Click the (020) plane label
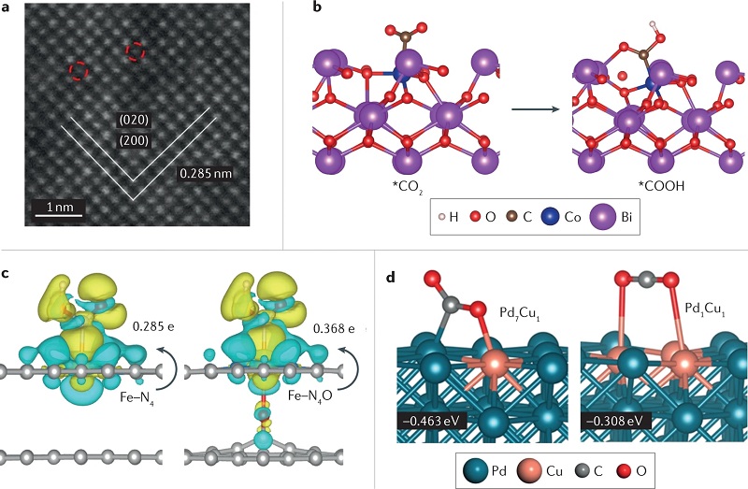134,120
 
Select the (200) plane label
134,141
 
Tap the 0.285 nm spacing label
206,173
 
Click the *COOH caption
661,186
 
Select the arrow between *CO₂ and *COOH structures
535,109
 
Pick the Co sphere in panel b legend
550,217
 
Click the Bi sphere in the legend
602,217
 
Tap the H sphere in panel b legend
441,217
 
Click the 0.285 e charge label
153,327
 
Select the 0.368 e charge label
334,329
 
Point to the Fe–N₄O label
311,396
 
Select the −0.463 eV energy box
431,422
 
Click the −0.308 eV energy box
615,422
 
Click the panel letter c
5,274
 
